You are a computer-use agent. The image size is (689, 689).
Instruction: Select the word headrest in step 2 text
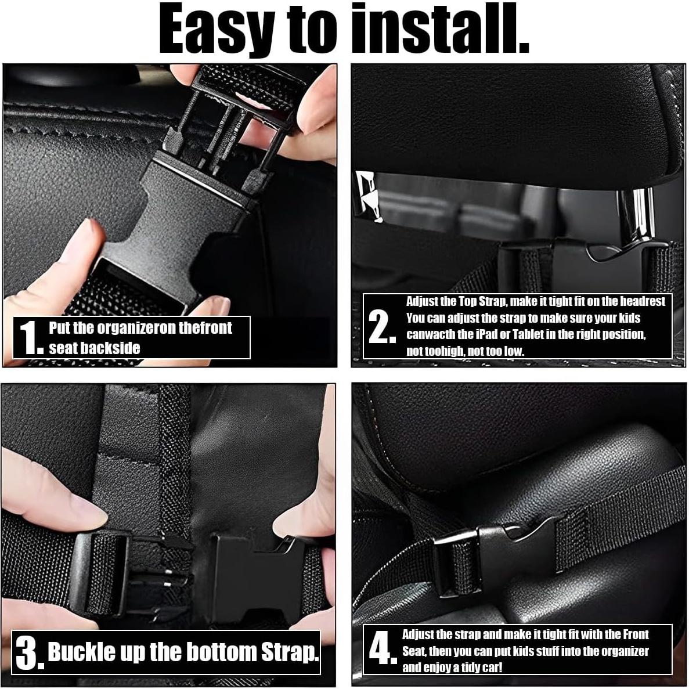[643, 301]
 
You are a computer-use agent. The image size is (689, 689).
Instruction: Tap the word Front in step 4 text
[636, 634]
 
